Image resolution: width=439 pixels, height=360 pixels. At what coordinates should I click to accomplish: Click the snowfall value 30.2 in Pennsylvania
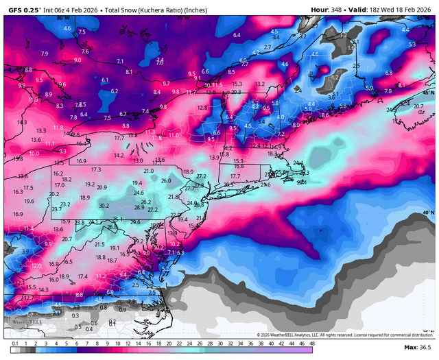pos(104,205)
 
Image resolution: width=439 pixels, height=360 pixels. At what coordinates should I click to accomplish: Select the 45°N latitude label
pos(427,92)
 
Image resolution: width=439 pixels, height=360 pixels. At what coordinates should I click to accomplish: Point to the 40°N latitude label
pos(427,213)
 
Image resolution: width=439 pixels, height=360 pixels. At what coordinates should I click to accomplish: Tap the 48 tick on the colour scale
pos(312,342)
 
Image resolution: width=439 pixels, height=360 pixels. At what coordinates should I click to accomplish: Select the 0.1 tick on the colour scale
pos(14,342)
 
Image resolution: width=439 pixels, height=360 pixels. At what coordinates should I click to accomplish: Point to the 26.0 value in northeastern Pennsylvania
pos(166,181)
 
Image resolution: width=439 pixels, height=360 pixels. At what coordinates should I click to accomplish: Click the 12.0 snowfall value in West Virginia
pos(36,265)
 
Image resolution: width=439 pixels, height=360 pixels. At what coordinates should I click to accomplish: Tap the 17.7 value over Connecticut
pos(235,176)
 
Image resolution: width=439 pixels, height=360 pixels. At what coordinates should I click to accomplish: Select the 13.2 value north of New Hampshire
pos(259,84)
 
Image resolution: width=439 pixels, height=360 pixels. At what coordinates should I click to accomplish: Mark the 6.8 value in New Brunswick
pos(389,73)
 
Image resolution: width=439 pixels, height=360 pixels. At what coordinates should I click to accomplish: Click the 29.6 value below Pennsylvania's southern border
pos(135,222)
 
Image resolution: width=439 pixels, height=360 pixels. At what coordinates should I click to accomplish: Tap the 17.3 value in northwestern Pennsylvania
pos(96,169)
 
